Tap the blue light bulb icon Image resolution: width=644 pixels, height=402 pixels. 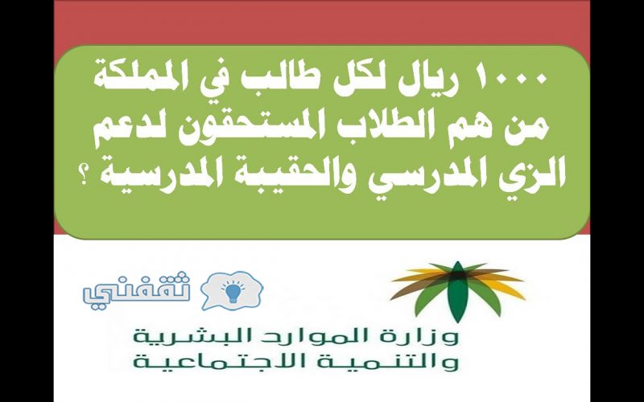click(x=233, y=292)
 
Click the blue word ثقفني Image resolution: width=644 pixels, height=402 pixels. click(x=137, y=289)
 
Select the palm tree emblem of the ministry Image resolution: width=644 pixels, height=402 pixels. click(x=457, y=289)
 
